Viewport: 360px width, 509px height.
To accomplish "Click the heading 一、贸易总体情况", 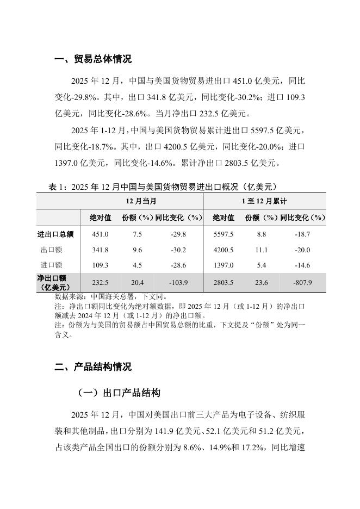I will click(93, 59).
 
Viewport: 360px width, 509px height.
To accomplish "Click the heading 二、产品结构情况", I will click(93, 367).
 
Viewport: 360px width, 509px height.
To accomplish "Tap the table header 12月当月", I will click(141, 201).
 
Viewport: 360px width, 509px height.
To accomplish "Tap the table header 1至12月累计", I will click(264, 201).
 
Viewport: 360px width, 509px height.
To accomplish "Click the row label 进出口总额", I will click(55, 234).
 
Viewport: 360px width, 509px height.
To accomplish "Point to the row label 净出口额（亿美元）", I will click(55, 283).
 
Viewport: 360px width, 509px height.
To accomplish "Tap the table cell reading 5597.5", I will click(223, 234).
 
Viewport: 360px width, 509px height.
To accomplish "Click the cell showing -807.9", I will click(302, 283).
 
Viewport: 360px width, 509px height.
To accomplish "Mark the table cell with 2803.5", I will click(223, 283).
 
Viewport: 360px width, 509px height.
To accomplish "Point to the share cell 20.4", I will click(138, 283).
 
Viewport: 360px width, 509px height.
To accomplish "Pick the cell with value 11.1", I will click(261, 250).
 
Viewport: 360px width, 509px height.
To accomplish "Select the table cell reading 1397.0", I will click(223, 265).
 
